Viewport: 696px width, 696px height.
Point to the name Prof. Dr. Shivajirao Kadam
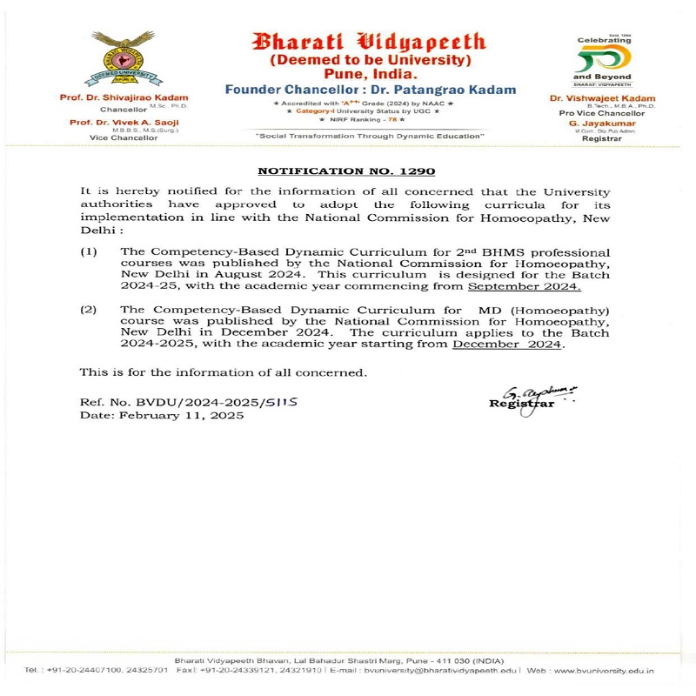point(124,97)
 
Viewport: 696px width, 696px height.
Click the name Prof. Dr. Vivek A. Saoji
point(124,123)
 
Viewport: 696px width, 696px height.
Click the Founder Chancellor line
point(370,90)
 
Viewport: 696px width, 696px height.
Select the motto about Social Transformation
point(370,137)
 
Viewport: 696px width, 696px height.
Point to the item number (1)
point(89,251)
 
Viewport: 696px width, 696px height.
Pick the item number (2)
point(89,309)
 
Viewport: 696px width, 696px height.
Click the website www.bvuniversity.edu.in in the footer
point(603,671)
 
